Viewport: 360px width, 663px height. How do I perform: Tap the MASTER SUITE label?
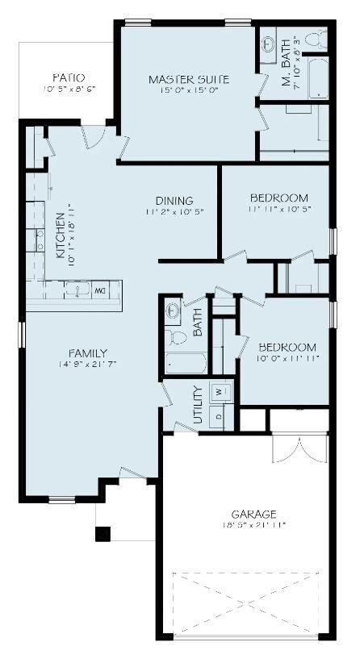(189, 79)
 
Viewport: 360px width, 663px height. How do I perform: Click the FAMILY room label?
(88, 352)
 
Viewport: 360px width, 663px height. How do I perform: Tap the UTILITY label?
(198, 406)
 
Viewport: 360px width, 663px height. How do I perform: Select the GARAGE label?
(253, 514)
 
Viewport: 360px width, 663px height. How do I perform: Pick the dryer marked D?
(219, 416)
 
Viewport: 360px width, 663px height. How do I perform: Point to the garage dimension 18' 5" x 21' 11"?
(253, 525)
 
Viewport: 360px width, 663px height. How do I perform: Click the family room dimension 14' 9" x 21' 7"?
(88, 365)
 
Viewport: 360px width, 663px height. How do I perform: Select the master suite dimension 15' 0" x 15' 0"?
(189, 91)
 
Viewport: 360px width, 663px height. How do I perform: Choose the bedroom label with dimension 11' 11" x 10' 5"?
(278, 198)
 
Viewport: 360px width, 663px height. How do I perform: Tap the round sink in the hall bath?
(172, 310)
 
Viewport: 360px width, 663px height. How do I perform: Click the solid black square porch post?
(103, 533)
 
